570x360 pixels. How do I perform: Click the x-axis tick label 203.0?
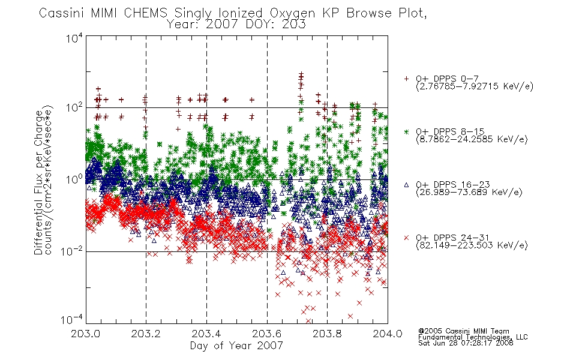(85, 334)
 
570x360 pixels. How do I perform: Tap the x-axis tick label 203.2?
(146, 334)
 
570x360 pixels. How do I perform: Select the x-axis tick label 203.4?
(206, 334)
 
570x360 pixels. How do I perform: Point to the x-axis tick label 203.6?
(267, 334)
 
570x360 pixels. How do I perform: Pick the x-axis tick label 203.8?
(327, 334)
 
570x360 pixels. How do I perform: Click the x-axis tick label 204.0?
(388, 334)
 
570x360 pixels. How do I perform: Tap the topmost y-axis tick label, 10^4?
(74, 38)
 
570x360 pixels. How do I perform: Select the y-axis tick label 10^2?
(74, 107)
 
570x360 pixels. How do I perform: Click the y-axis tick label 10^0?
(74, 179)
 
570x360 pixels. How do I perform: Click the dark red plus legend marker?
(406, 79)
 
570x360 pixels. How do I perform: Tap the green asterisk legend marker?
(406, 131)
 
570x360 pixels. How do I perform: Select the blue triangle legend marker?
(406, 185)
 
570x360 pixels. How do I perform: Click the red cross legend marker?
(406, 238)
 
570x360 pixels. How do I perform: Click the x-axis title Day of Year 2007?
(236, 346)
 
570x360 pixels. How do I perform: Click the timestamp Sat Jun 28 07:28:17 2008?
(466, 343)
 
